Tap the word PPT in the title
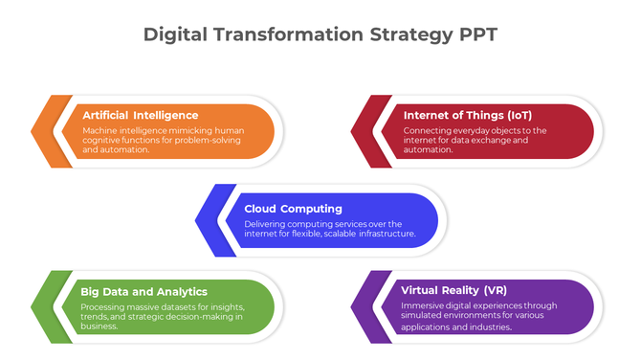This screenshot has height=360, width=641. tap(476, 35)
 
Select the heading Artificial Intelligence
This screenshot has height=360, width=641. tap(141, 115)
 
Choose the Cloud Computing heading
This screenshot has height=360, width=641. tap(293, 208)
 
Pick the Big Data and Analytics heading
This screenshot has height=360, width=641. tap(144, 291)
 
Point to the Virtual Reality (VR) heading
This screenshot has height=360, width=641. tap(454, 290)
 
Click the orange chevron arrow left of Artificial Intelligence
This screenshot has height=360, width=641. tap(46, 131)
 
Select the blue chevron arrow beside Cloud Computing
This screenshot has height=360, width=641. tap(210, 224)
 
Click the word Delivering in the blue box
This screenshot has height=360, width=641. tap(265, 223)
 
